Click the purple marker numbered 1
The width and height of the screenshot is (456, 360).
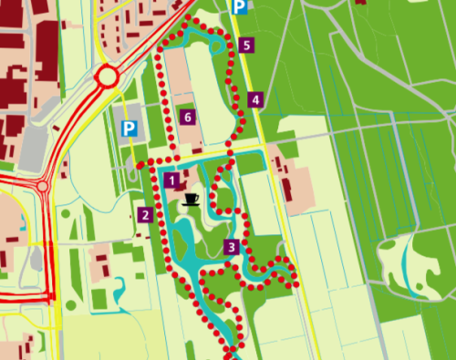point(171,180)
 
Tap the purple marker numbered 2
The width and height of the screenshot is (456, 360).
point(144,216)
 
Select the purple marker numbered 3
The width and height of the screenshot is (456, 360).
point(232,246)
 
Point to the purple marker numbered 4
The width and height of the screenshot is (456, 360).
point(255,99)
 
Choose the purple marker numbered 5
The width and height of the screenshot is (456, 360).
point(247,45)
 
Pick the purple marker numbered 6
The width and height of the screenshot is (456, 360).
point(188,117)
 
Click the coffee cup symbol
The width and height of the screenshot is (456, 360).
point(191,198)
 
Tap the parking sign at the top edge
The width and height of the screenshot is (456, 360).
point(238,6)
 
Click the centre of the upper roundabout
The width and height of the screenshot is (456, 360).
point(107,76)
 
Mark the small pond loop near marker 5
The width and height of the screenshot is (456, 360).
point(218,45)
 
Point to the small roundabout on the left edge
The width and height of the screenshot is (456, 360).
point(43,186)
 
